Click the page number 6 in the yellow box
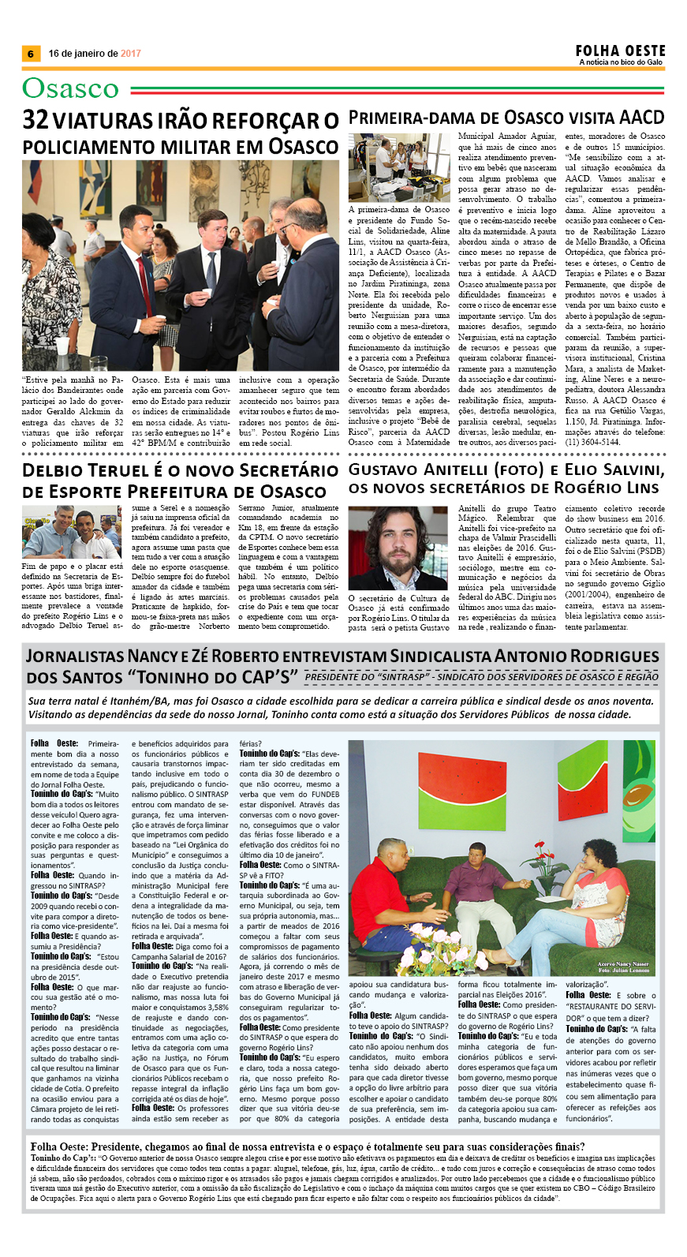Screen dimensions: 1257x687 point(31,54)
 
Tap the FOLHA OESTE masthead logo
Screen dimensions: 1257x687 point(620,51)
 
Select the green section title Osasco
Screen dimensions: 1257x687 point(71,88)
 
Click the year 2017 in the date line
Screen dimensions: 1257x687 point(131,54)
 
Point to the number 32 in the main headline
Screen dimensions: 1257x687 point(35,120)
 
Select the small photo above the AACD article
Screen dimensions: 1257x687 point(399,167)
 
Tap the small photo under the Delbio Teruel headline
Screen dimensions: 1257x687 point(71,536)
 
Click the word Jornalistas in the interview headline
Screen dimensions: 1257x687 point(73,657)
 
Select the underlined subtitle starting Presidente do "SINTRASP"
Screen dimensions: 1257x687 point(481,677)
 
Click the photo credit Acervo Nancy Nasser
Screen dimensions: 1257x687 point(622,964)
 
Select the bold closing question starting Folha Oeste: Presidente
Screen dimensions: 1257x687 point(308,1147)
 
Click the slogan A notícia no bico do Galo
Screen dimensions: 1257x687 point(620,62)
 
